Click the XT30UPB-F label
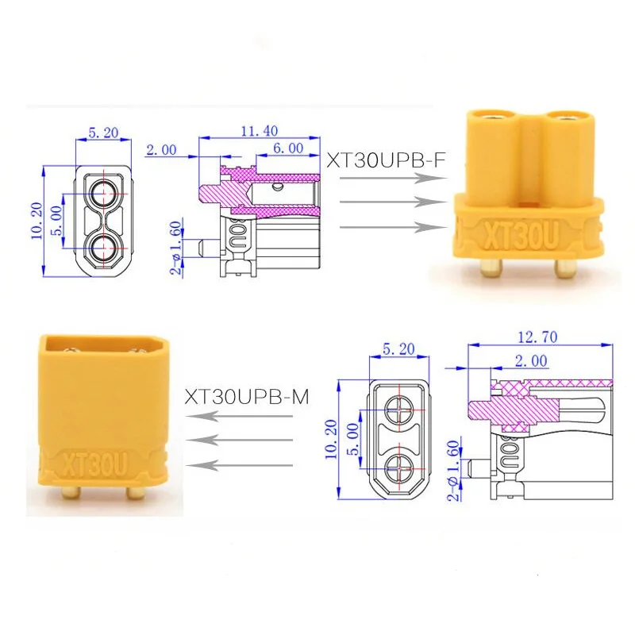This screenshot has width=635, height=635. point(386,160)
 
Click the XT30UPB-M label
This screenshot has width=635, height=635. point(247,397)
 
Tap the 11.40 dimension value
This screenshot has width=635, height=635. point(260,131)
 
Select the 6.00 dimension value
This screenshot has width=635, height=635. point(288,148)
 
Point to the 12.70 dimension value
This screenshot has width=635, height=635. point(537,337)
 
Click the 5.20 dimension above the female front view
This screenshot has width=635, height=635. point(103,133)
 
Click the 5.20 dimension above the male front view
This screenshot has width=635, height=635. point(399,348)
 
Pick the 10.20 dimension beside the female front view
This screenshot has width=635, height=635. point(37,221)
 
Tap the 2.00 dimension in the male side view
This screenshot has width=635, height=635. point(531,360)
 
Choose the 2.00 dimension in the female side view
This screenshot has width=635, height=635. point(161,150)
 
